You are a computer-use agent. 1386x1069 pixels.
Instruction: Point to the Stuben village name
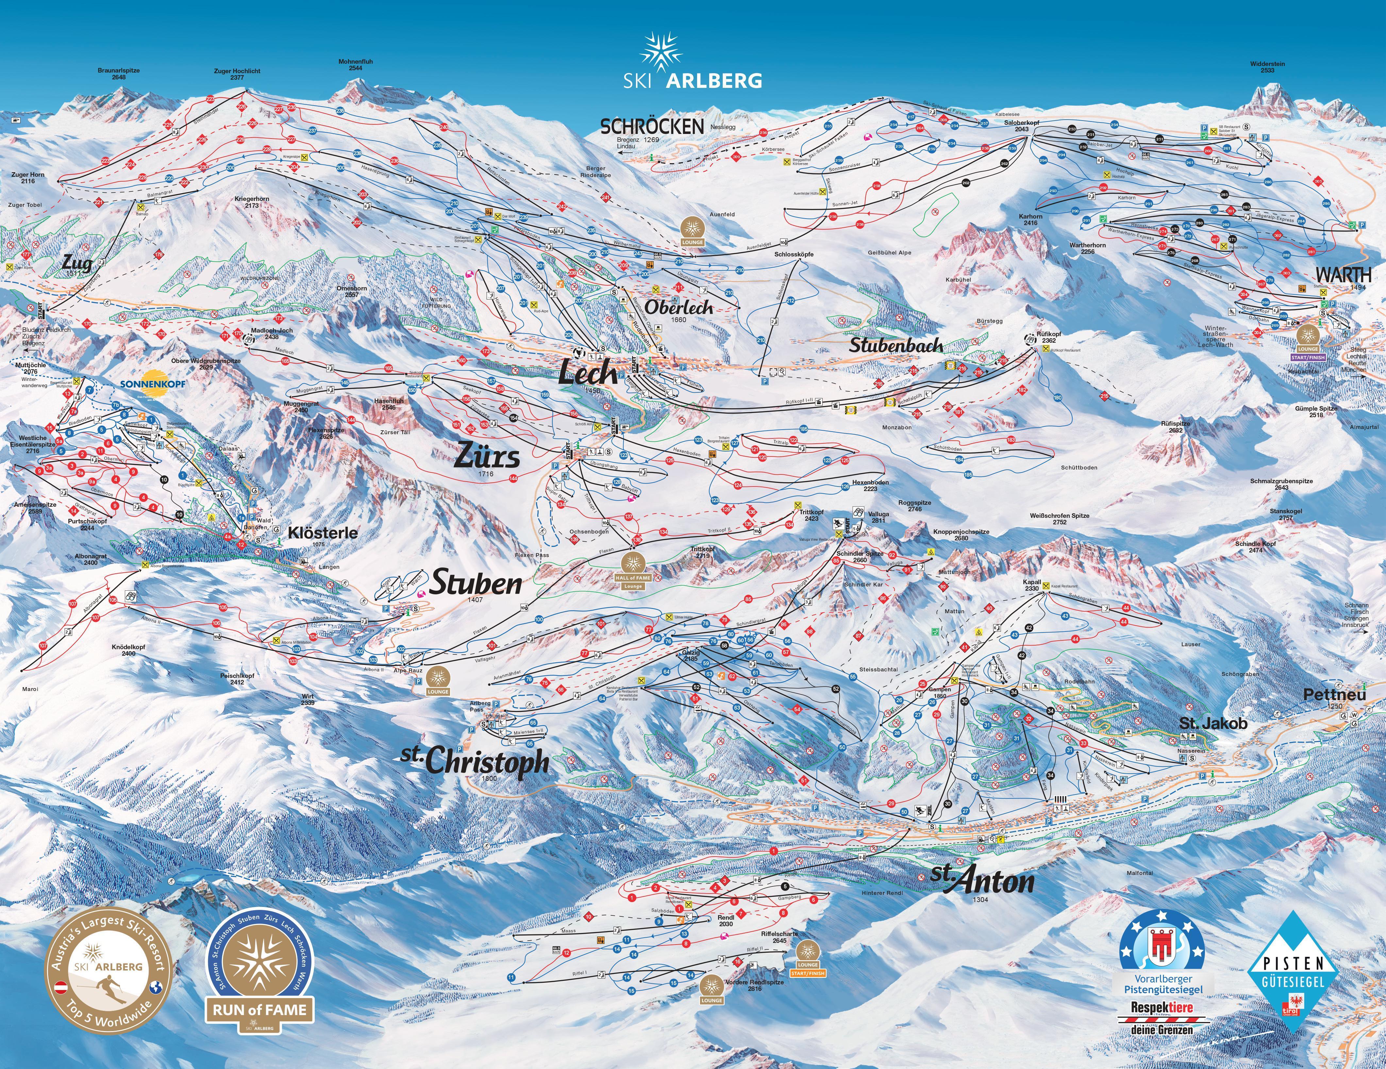click(476, 584)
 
